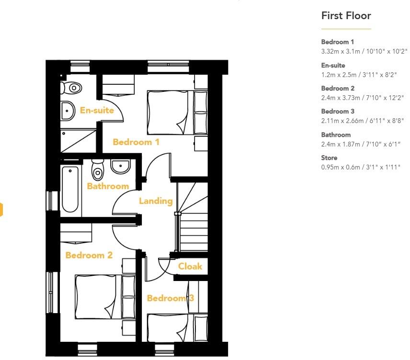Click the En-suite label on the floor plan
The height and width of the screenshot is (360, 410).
(97, 111)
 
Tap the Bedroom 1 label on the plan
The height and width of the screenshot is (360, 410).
(136, 142)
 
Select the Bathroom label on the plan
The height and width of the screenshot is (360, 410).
(108, 186)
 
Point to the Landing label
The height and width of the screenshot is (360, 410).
(156, 201)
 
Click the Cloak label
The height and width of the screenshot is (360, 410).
(190, 267)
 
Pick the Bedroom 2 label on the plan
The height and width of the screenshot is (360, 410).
(89, 255)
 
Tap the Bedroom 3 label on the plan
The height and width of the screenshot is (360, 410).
(171, 298)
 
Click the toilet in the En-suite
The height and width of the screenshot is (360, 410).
(72, 88)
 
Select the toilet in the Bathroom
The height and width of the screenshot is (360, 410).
(98, 169)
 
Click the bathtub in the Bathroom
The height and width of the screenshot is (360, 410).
(70, 189)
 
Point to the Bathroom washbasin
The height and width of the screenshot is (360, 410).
(120, 167)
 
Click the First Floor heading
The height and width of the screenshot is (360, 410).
(346, 16)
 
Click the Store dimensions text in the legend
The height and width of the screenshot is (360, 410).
(360, 167)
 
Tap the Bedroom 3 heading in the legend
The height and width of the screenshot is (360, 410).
(337, 112)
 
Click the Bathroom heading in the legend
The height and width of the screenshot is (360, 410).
(336, 135)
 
